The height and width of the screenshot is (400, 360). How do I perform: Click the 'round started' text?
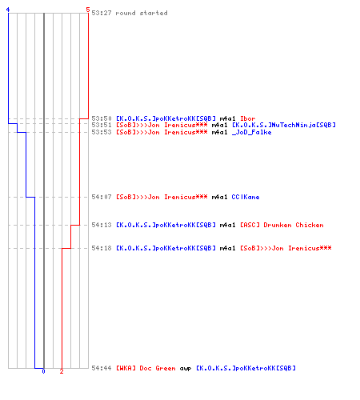tap(142, 13)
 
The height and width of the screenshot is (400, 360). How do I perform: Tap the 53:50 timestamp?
tap(102, 118)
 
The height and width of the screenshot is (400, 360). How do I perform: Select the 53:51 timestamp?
tap(102, 125)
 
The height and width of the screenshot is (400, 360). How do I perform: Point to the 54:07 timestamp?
tap(102, 197)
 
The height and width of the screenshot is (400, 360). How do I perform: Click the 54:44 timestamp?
tap(102, 368)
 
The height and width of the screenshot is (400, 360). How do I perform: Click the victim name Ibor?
tap(248, 118)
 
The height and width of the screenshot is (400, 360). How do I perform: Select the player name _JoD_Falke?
tap(251, 132)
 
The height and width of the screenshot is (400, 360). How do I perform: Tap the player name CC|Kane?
tap(246, 197)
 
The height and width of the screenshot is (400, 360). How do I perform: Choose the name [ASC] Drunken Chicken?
tap(282, 225)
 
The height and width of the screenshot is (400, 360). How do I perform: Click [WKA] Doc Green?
tap(146, 368)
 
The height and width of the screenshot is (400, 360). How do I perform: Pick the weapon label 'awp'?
tap(186, 369)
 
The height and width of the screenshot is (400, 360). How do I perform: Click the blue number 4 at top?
tap(8, 10)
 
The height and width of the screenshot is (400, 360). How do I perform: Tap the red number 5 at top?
tap(88, 10)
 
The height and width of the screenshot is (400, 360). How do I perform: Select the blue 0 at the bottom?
tap(43, 371)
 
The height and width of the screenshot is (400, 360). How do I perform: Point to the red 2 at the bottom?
tap(62, 371)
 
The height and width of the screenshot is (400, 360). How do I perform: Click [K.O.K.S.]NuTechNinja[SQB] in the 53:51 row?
tap(284, 125)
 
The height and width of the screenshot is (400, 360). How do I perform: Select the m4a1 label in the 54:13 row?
tap(227, 225)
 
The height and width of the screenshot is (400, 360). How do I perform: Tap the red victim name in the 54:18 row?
tap(286, 248)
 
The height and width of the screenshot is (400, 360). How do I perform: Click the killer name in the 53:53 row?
tap(162, 132)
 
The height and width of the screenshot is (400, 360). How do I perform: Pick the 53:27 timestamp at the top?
tap(102, 13)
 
